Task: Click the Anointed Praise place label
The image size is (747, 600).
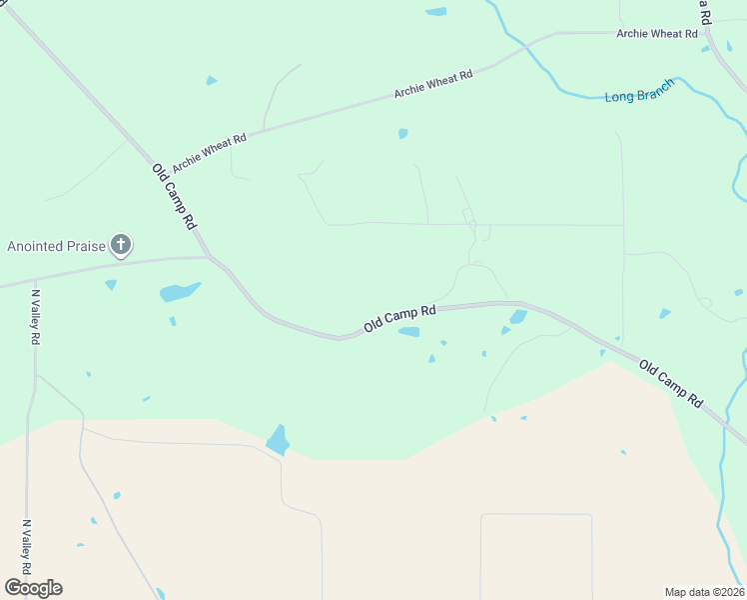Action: (57, 246)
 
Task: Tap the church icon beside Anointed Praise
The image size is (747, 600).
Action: (121, 245)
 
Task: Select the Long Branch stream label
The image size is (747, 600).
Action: (639, 90)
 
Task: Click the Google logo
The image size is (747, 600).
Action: (33, 588)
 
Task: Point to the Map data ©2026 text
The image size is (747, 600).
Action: (704, 592)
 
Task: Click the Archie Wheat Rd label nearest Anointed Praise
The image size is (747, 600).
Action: (209, 153)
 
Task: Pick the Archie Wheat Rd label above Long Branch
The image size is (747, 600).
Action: (657, 33)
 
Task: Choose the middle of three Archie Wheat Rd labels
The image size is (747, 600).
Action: (432, 84)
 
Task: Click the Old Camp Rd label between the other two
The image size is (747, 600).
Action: (399, 319)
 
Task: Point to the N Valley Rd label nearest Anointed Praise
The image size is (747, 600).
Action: (35, 318)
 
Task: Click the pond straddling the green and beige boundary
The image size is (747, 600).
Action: (278, 439)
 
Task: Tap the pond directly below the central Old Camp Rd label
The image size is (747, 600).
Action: (408, 333)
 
